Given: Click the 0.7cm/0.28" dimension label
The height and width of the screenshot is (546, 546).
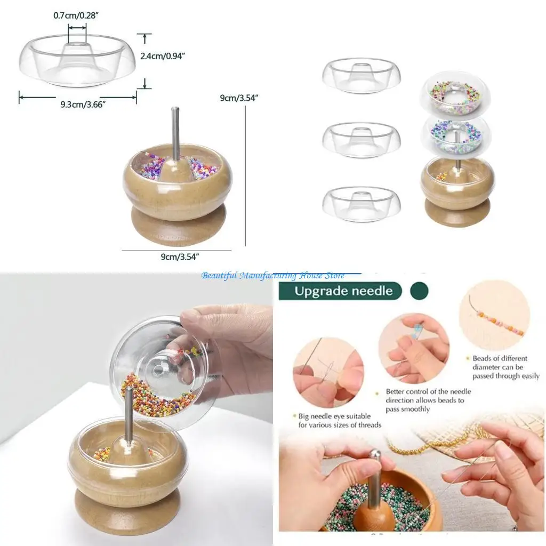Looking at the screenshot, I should [x=77, y=15].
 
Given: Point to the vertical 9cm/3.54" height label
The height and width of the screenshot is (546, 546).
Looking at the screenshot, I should [x=239, y=98].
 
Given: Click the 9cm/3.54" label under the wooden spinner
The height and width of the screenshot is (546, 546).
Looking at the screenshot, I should [x=180, y=257].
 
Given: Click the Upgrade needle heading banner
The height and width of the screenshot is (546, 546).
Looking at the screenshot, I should [x=343, y=291].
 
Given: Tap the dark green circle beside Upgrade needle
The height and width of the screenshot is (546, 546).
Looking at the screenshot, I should [x=419, y=291].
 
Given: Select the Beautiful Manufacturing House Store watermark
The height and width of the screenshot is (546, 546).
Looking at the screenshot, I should [x=272, y=276].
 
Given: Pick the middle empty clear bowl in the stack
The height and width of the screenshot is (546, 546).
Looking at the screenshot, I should [x=362, y=140].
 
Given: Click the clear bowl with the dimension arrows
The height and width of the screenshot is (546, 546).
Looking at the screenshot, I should [x=78, y=60].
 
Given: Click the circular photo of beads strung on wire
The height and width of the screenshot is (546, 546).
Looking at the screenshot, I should [x=495, y=316].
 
